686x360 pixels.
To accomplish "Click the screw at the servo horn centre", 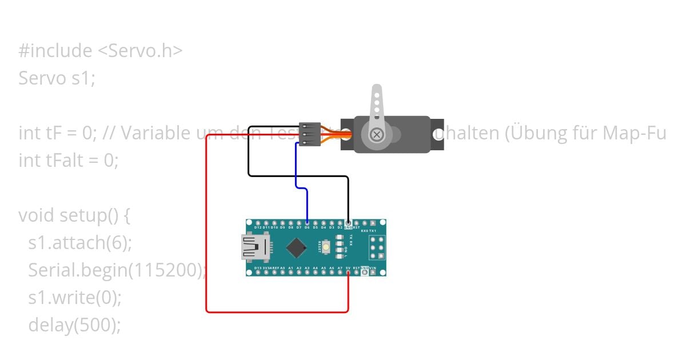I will tap(377, 135).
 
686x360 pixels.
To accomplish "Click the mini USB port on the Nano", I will tap(256, 247).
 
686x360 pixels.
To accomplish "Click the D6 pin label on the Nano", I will tap(307, 227).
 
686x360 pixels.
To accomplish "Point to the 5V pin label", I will tap(348, 267).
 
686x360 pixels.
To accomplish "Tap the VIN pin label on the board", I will tap(373, 267).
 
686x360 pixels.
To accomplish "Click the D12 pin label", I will tap(258, 227).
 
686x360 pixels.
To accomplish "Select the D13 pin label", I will tap(258, 267).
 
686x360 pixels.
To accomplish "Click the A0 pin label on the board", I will tap(282, 267).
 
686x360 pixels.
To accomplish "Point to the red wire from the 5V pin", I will tap(206, 229).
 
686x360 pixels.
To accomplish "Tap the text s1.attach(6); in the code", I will tap(80, 242).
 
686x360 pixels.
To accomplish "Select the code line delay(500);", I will tap(74, 325).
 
